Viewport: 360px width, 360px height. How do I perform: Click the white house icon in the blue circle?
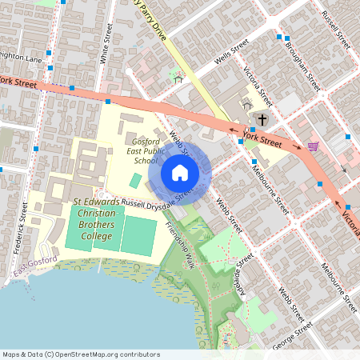pos(180,172)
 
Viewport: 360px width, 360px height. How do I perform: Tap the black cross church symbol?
pos(262,118)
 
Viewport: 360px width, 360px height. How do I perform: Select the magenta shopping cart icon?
pos(313,146)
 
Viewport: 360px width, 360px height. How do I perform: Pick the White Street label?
pos(104,48)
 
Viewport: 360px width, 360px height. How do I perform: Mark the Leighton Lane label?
pos(19,58)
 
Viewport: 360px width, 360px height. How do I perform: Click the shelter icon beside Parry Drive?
pos(178,78)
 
